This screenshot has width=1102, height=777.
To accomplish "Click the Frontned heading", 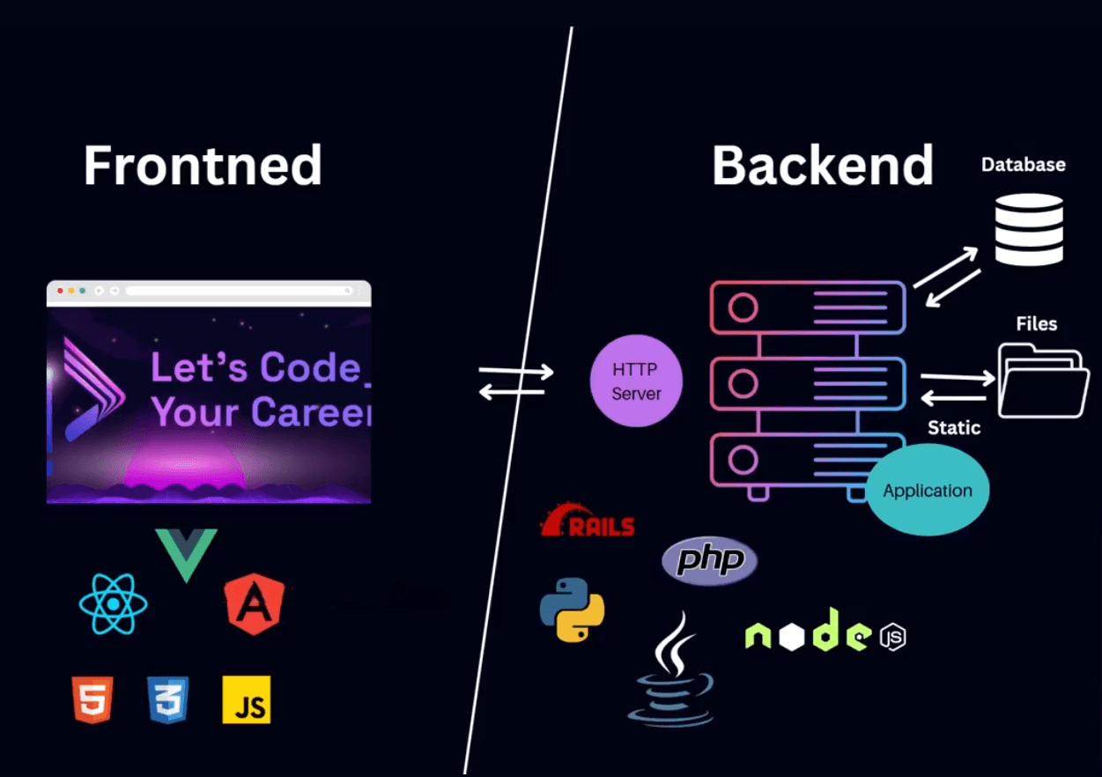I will click(203, 166).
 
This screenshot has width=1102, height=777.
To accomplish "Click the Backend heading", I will click(822, 165).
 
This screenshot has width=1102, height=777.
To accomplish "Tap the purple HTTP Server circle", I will click(636, 381).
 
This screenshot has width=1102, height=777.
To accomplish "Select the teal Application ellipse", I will click(928, 491).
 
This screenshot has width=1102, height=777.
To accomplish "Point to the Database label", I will click(1023, 165).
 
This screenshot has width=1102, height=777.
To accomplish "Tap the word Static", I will click(954, 428).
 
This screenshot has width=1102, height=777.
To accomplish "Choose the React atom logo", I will click(113, 604).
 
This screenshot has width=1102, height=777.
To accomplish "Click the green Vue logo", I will click(186, 553).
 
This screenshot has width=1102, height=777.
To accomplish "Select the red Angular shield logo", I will click(255, 603).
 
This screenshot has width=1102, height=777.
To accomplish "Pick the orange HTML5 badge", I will click(92, 700).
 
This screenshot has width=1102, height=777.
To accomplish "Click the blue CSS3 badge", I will click(168, 700).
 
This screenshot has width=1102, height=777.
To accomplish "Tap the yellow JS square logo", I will click(247, 700).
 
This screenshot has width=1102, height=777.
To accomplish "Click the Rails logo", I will click(587, 522).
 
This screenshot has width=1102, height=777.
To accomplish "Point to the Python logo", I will click(572, 610).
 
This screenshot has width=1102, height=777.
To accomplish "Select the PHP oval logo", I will click(709, 561).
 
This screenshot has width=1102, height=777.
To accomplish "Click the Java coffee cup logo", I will click(672, 671).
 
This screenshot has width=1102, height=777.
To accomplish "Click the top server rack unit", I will click(808, 307).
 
